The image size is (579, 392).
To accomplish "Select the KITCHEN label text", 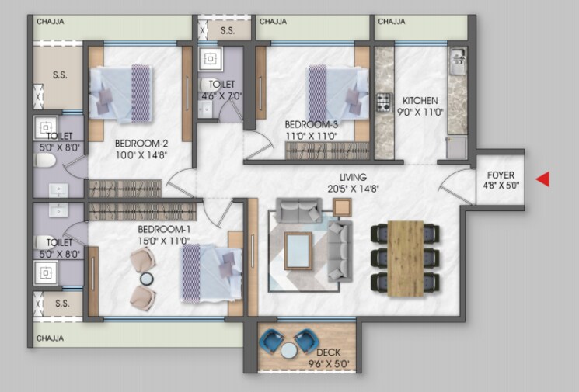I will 420,101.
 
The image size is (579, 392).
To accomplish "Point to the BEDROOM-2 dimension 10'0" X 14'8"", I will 141,154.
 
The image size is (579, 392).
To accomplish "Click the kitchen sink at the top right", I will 457,57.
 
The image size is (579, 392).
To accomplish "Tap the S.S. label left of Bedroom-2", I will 60,76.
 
